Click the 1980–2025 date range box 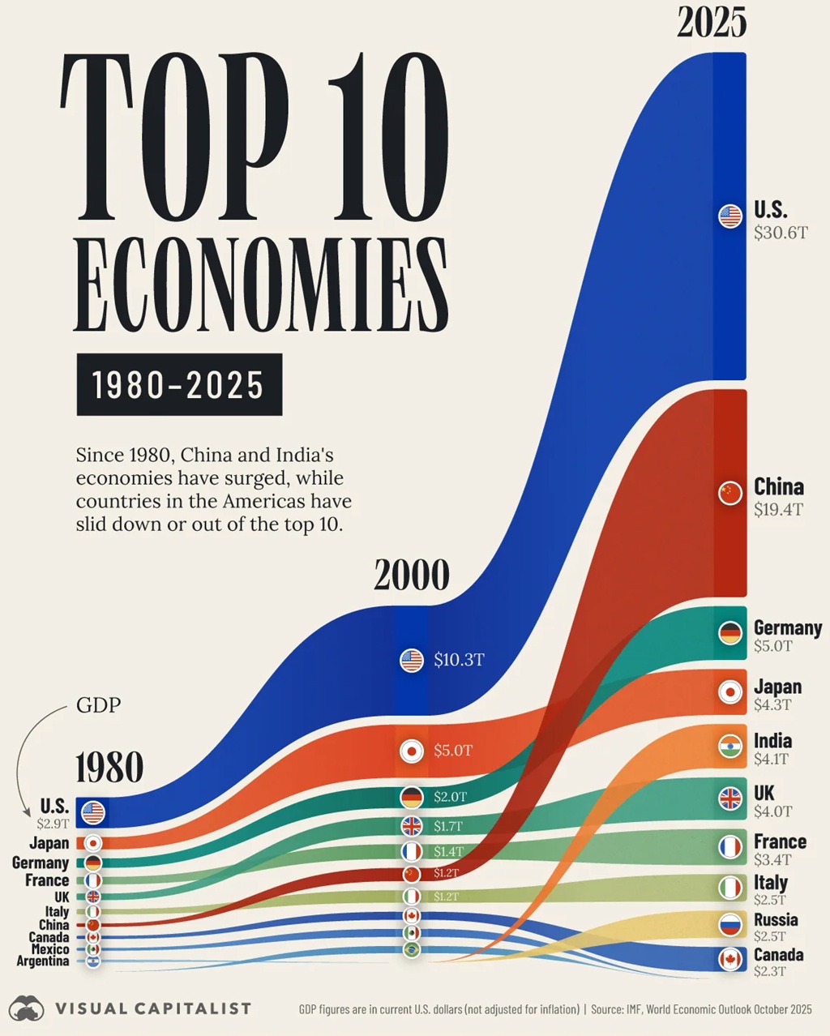179,384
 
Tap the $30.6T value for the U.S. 781,233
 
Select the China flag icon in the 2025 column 730,493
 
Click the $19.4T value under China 778,509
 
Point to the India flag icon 730,747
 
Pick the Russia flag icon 730,924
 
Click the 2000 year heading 411,576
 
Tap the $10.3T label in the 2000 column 459,660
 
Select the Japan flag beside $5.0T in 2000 412,751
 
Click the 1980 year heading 109,768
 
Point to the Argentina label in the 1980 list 43,961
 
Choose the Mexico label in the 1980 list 50,949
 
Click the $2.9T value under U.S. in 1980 53,824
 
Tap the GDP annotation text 98,705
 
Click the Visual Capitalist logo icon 26,1009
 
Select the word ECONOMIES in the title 261,285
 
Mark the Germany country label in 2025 787,627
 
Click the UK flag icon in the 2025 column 730,799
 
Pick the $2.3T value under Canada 769,971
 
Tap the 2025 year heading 712,23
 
